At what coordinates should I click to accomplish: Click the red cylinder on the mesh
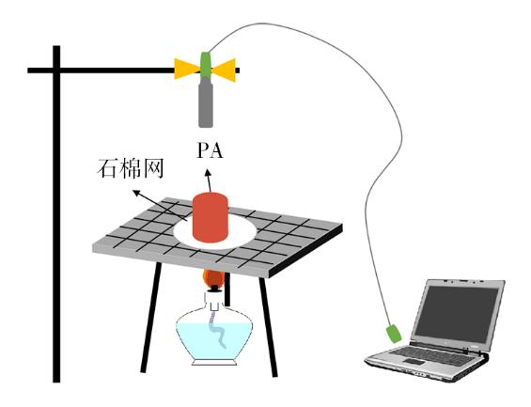(210, 217)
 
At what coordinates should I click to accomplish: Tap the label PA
(210, 150)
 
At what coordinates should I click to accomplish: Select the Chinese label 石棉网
(131, 168)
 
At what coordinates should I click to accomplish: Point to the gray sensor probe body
(206, 102)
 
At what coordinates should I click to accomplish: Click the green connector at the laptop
(394, 334)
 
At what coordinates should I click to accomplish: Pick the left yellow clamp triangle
(184, 69)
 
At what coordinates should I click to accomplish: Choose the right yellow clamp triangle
(225, 70)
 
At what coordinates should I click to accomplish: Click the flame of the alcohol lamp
(213, 278)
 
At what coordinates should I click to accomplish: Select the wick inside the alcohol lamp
(217, 330)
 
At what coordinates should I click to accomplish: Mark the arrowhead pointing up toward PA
(208, 174)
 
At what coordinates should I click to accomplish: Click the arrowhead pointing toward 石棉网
(136, 193)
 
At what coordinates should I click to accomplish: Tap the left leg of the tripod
(150, 318)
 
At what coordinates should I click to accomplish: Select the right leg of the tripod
(269, 327)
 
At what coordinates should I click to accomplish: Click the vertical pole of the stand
(56, 214)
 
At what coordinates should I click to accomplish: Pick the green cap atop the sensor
(206, 65)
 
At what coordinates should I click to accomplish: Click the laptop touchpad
(414, 362)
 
